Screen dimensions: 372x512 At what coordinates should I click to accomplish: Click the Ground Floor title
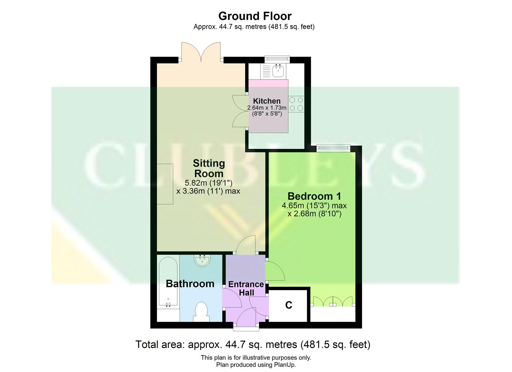click(x=255, y=16)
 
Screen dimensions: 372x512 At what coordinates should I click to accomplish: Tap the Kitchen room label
click(x=267, y=101)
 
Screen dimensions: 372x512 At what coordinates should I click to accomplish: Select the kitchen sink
click(x=278, y=71)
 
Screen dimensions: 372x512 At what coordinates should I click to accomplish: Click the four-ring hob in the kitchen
click(x=296, y=104)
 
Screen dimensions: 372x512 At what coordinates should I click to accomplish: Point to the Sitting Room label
click(x=209, y=168)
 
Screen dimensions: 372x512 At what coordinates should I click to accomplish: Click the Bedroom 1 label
click(x=314, y=196)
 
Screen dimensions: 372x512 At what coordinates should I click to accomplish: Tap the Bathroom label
click(x=190, y=284)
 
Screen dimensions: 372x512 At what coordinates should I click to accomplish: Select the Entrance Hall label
click(x=246, y=289)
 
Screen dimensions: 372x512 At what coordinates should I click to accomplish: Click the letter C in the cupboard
click(x=289, y=305)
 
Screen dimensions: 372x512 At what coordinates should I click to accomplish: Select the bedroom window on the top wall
click(x=333, y=148)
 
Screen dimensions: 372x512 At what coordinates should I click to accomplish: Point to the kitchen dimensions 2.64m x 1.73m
click(x=267, y=108)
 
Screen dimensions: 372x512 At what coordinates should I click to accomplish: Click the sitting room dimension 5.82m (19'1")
click(x=209, y=183)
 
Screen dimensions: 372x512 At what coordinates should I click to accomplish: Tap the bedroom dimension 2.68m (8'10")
click(x=314, y=214)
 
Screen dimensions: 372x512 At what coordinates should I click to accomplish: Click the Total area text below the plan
click(x=253, y=344)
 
